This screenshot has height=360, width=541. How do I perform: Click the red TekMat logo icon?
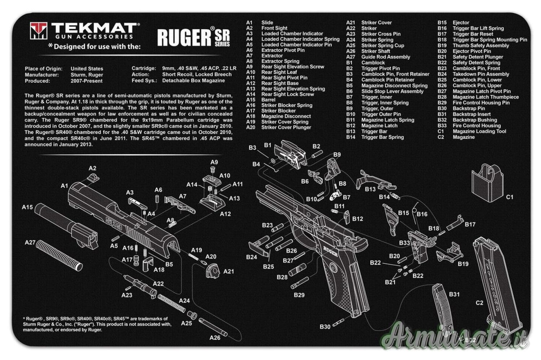click(38, 31)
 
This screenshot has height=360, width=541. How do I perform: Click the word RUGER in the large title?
click(184, 37)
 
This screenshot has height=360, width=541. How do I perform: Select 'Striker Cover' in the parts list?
click(376, 22)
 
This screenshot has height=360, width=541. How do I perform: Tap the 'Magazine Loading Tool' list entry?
click(479, 131)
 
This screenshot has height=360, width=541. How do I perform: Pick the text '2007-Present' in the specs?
click(87, 81)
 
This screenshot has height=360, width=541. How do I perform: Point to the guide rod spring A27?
click(60, 255)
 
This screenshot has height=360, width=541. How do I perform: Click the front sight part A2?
click(93, 178)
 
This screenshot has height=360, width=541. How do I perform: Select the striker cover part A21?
click(213, 271)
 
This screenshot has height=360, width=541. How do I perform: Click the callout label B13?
click(370, 189)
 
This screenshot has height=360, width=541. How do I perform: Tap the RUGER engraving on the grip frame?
click(330, 251)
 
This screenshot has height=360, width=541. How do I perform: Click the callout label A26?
click(215, 338)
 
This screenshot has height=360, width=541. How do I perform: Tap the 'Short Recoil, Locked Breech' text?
click(197, 75)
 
